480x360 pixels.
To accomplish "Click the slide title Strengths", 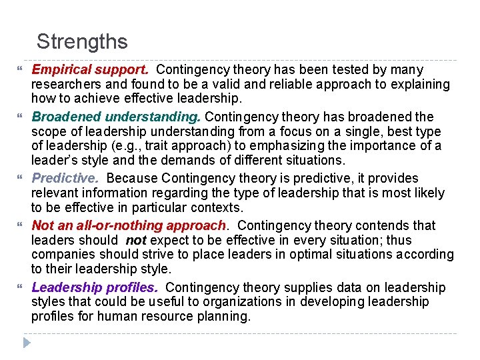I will (x=82, y=42).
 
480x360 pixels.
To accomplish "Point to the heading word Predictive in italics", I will (x=65, y=178).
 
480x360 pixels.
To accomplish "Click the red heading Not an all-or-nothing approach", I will (x=129, y=225).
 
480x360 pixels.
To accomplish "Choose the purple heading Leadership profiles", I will (x=95, y=287).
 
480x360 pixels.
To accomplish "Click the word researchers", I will (x=67, y=84).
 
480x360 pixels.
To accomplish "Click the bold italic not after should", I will (x=135, y=240).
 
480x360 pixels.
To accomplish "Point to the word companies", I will (x=61, y=255).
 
